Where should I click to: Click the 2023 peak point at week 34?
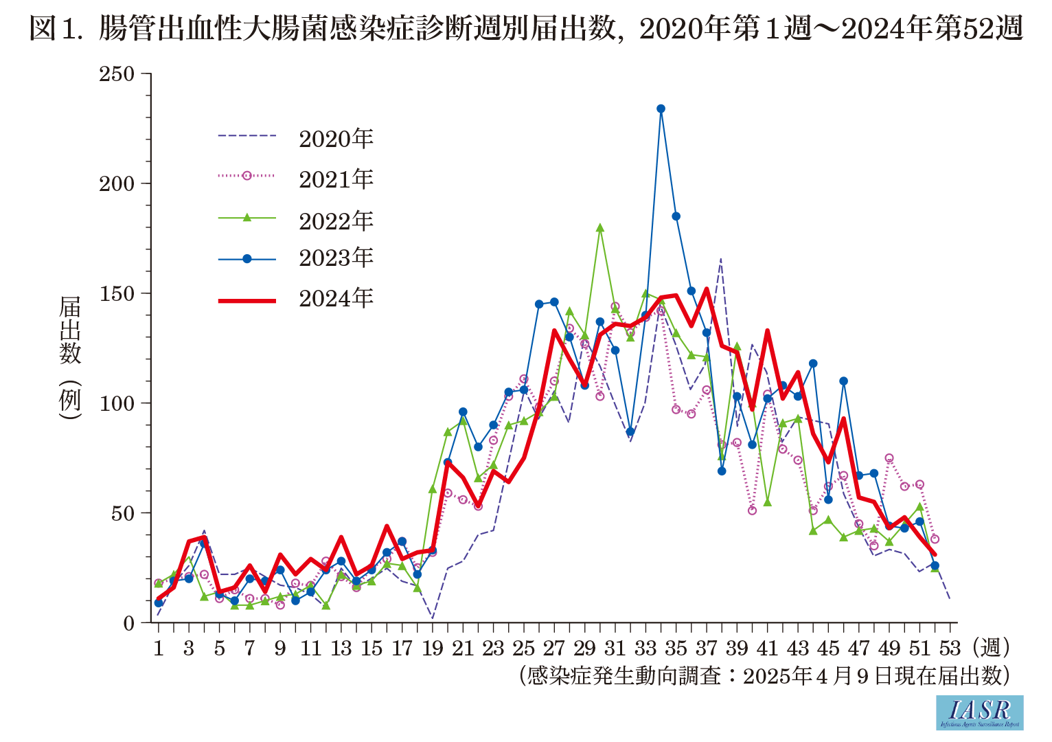click(x=661, y=109)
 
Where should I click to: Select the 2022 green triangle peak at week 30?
click(x=599, y=228)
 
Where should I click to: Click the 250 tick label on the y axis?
click(x=117, y=74)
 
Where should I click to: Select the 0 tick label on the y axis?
click(x=128, y=623)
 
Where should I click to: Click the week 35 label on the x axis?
click(x=676, y=648)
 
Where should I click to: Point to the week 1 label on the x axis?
click(x=159, y=648)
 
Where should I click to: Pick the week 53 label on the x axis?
click(x=950, y=648)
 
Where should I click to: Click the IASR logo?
click(x=979, y=712)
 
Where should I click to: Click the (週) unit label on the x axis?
click(x=991, y=647)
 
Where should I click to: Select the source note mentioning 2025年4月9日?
click(x=764, y=675)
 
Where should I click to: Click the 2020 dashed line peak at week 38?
click(x=721, y=259)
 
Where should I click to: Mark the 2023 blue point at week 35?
click(x=676, y=216)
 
